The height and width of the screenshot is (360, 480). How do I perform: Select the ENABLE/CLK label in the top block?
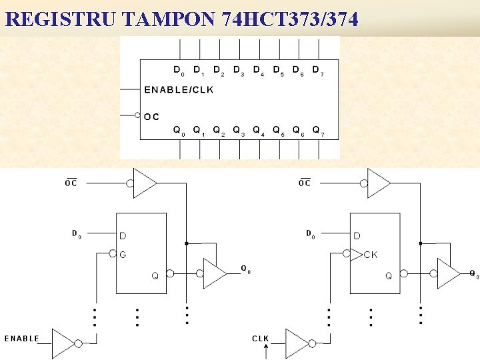(x=179, y=89)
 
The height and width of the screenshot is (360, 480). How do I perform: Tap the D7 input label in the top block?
(x=317, y=70)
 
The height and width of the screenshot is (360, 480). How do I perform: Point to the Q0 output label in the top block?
(x=178, y=130)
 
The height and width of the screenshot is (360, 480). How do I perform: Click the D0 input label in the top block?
(x=178, y=70)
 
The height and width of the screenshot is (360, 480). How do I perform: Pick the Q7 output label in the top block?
(x=317, y=130)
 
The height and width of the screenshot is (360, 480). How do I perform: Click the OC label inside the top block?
(x=152, y=116)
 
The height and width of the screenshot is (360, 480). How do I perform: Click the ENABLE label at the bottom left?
(x=22, y=339)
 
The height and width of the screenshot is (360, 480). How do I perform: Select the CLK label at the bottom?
(x=260, y=339)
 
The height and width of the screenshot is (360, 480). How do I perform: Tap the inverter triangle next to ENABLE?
(x=63, y=343)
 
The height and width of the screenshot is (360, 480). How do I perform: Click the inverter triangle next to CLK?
(x=297, y=343)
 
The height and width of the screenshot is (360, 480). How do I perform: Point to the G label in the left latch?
(x=123, y=254)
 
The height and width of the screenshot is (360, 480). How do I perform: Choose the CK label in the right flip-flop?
(x=371, y=255)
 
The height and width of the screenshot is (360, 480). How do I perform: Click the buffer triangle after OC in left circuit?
(x=144, y=183)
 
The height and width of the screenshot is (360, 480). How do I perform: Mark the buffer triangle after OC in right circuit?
(x=377, y=183)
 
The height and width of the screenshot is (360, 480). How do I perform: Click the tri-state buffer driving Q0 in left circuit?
(x=214, y=273)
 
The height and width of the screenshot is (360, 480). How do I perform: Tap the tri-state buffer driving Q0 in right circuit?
(x=447, y=273)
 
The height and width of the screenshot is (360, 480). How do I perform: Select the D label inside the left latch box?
(x=123, y=235)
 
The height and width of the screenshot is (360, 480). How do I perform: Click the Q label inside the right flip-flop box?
(x=388, y=275)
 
